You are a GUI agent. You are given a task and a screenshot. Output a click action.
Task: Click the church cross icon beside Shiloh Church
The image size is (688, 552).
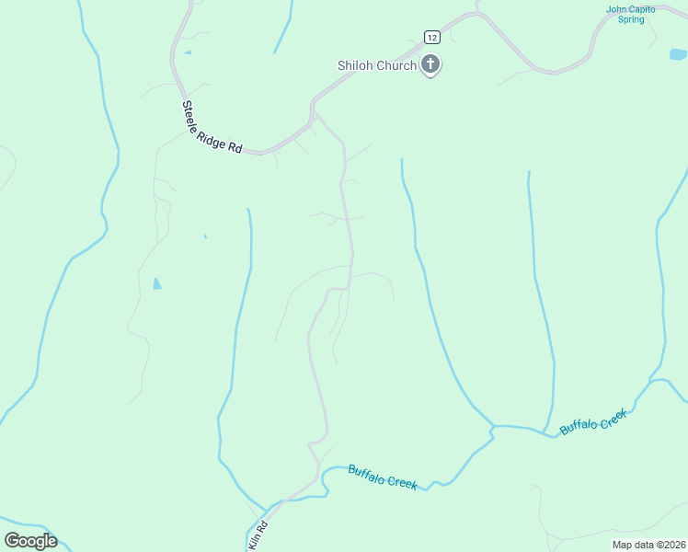point(430,65)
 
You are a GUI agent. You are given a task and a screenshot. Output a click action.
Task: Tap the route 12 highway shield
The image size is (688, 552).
point(432,37)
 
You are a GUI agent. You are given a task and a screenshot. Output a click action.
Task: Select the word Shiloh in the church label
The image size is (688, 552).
point(354,65)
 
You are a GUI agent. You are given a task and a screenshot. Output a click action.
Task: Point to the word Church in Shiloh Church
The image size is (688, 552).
point(396,65)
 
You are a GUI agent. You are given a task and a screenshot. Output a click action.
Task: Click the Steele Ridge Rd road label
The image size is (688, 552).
point(212,127)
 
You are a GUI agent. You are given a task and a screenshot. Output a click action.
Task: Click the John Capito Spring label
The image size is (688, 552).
point(630,14)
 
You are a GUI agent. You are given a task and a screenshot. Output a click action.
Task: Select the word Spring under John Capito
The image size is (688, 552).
point(631,19)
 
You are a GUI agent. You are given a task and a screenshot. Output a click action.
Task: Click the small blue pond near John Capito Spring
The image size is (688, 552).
point(679,54)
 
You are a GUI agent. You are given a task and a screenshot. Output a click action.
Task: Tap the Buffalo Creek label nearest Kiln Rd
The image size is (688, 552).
point(383,477)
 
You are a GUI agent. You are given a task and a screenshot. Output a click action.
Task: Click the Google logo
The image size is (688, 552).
point(30,541)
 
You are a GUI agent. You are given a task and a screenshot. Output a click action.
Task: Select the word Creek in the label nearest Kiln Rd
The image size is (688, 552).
point(402,481)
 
